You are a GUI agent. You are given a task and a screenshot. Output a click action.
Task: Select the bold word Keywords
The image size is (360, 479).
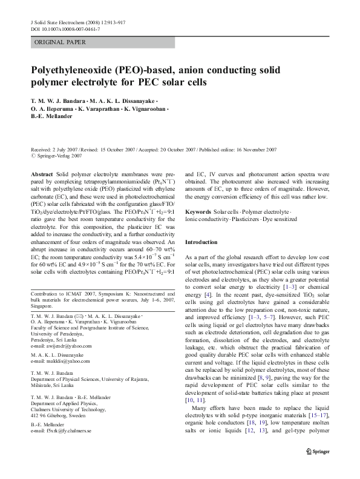198,212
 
